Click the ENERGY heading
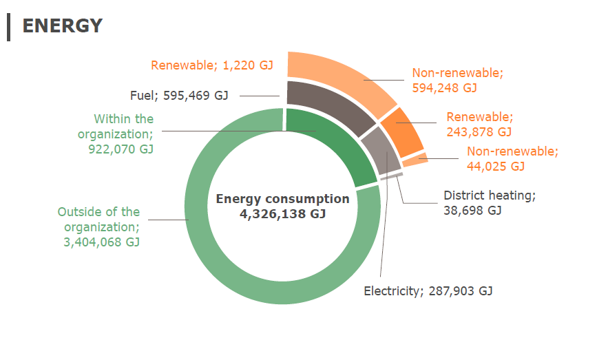pyautogui.click(x=62, y=25)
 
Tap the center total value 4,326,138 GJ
pyautogui.click(x=282, y=214)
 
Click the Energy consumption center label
pyautogui.click(x=282, y=199)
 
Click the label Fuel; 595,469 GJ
pyautogui.click(x=179, y=96)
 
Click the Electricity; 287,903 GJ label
pyautogui.click(x=428, y=290)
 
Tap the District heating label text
pyautogui.click(x=489, y=195)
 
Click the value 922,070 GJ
pyautogui.click(x=121, y=149)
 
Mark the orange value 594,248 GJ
pyautogui.click(x=444, y=87)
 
